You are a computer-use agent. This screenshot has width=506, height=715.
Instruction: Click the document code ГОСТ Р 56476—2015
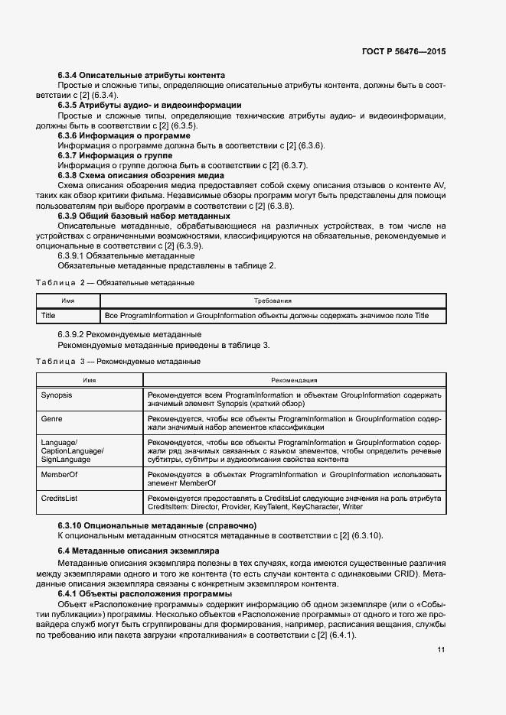tap(403, 51)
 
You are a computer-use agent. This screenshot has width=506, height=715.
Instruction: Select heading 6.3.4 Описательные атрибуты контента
tap(141, 75)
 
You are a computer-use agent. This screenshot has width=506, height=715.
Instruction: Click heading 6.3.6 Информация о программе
tap(124, 135)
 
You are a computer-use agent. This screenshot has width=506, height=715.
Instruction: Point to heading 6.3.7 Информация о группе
tap(115, 155)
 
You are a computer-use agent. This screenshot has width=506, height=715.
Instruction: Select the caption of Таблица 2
tap(115, 283)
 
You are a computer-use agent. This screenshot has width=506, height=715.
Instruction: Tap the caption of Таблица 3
tap(118, 360)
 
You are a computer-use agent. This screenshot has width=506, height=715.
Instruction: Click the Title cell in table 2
tap(48, 315)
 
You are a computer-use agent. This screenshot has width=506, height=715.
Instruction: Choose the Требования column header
tap(271, 301)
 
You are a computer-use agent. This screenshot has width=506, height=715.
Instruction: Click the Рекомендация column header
tap(294, 379)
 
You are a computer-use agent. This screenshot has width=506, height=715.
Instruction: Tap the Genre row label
tap(51, 419)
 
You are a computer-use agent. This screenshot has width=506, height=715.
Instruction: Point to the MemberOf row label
tap(59, 475)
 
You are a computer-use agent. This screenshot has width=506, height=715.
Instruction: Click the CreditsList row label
tap(60, 498)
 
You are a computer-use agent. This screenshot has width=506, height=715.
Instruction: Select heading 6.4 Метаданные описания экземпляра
tap(139, 551)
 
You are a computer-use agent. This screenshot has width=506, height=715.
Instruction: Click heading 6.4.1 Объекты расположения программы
tap(145, 594)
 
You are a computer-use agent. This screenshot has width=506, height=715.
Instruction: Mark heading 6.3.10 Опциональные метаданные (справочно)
tap(157, 525)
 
